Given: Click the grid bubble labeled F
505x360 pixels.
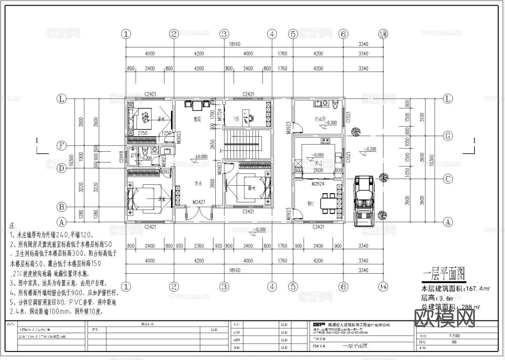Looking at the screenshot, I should tap(61, 146).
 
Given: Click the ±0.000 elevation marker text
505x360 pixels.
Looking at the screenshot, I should tap(201, 156).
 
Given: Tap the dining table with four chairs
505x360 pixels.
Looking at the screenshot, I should tap(329, 203).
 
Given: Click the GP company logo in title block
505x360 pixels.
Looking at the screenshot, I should tap(319, 324).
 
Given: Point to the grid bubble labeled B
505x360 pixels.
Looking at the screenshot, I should tap(61, 207).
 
